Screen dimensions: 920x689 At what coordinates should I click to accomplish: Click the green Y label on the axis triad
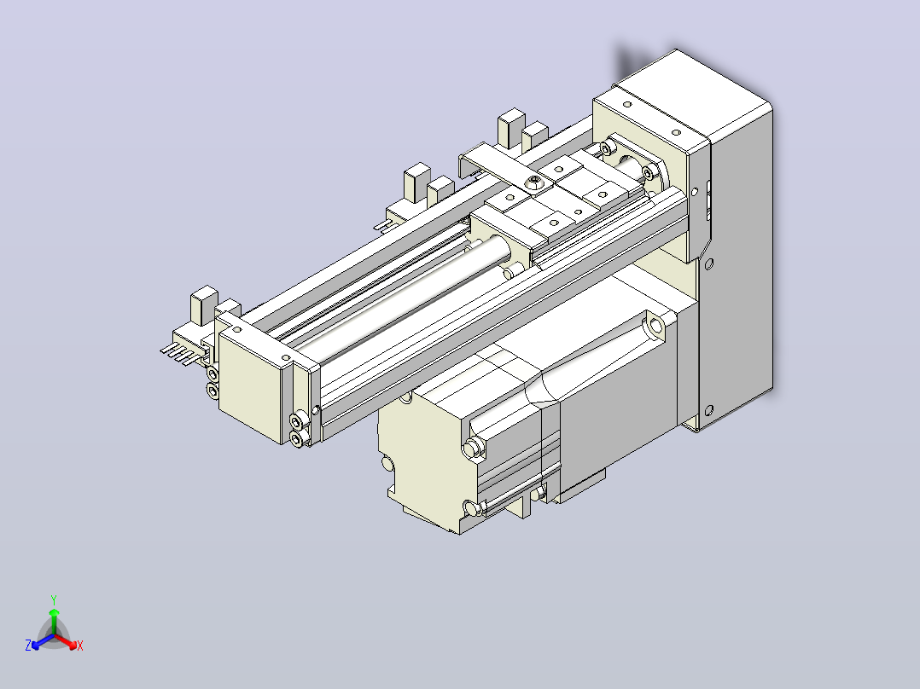54,599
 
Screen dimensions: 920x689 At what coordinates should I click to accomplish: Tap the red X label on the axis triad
80,646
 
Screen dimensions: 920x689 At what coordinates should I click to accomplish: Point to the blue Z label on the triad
28,645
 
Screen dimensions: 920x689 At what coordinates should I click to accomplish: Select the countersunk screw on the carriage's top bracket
533,182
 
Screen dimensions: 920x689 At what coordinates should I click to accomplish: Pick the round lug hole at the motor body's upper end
655,324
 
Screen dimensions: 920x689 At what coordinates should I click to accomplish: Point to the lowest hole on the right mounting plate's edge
708,410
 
